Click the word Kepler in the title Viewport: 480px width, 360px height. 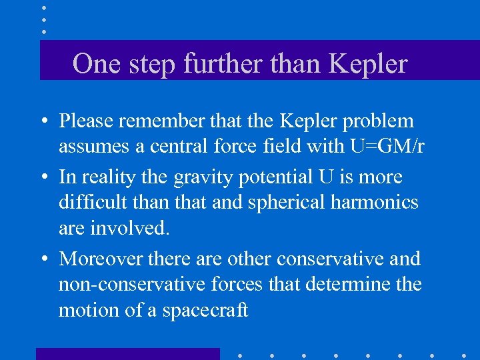pos(369,64)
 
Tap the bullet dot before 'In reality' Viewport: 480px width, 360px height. pos(43,178)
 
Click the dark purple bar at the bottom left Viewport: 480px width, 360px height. pos(127,353)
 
